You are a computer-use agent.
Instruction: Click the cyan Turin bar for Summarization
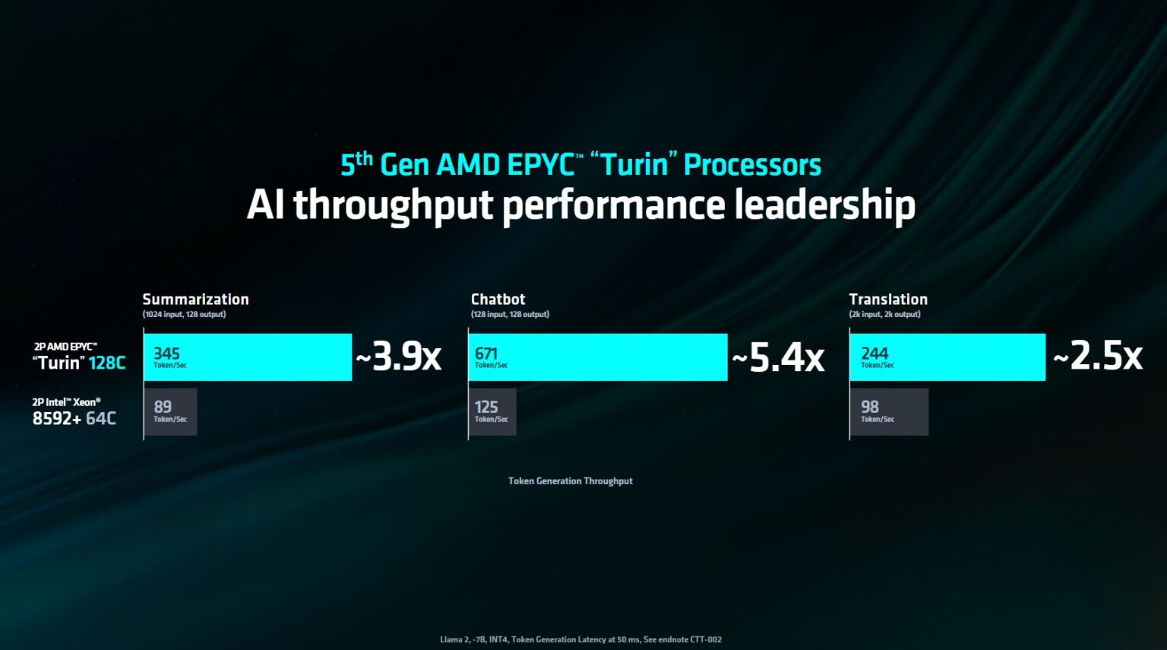click(x=248, y=357)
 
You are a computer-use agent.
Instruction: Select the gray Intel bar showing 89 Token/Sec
click(x=170, y=412)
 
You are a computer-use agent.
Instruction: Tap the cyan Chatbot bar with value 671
click(x=598, y=357)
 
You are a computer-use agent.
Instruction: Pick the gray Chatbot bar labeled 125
click(x=492, y=412)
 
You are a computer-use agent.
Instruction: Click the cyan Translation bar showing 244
click(x=947, y=357)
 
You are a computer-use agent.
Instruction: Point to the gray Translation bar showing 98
click(x=889, y=412)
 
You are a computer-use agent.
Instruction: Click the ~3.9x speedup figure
click(x=399, y=356)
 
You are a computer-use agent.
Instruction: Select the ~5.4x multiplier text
click(x=778, y=357)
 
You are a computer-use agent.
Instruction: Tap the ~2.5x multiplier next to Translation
click(x=1098, y=356)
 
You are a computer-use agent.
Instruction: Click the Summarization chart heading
click(x=195, y=300)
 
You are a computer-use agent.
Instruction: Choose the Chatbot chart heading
click(x=498, y=300)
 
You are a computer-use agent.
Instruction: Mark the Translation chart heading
click(x=888, y=300)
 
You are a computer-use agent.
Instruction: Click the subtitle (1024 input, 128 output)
click(x=184, y=315)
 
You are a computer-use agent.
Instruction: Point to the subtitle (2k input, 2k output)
click(x=884, y=315)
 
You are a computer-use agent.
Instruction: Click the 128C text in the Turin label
click(x=107, y=363)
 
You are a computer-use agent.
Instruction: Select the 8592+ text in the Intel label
click(x=57, y=418)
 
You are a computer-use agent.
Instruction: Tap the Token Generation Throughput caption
click(x=570, y=481)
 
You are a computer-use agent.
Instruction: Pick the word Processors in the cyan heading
click(x=752, y=165)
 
